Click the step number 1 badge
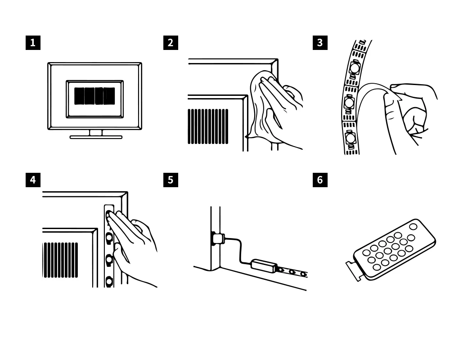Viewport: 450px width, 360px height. [32, 43]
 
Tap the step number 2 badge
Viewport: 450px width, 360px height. [171, 43]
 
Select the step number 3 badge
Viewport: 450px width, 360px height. [320, 43]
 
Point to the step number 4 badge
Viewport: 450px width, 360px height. [32, 180]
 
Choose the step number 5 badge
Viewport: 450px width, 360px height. [171, 180]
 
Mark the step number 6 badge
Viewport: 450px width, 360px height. [320, 180]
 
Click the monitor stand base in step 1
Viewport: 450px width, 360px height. [96, 137]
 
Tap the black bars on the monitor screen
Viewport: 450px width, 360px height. [94, 96]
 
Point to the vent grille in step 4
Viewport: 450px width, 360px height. [60, 260]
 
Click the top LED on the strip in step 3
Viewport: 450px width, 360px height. [355, 68]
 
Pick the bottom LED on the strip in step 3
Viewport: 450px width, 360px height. [351, 137]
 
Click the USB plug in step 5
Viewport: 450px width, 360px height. [218, 238]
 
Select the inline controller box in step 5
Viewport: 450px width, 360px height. [263, 265]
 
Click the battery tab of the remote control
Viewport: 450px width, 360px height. [353, 270]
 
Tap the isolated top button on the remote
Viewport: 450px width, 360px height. [413, 227]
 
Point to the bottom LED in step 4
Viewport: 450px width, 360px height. [109, 281]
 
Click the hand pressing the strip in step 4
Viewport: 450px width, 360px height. [135, 243]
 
